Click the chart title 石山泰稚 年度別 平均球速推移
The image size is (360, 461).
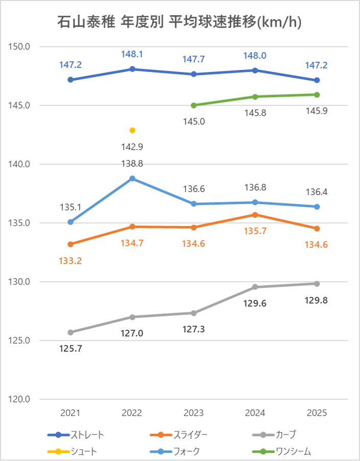point(179,22)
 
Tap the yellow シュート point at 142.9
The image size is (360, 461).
point(132,130)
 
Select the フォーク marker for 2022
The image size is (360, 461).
point(132,178)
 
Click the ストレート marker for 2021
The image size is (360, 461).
point(70,80)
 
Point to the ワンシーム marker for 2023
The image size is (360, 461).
point(194,105)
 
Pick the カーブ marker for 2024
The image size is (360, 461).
point(255,287)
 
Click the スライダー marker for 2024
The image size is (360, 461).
point(255,214)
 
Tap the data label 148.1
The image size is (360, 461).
point(132,54)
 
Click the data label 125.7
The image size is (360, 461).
point(70,349)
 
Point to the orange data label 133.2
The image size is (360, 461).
point(70,260)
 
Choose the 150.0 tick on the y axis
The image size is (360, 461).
point(20,46)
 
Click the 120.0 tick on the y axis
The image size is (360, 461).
point(20,399)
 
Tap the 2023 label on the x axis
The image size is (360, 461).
point(194,413)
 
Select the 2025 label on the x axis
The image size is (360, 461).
point(317,413)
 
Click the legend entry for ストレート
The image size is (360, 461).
point(76,435)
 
